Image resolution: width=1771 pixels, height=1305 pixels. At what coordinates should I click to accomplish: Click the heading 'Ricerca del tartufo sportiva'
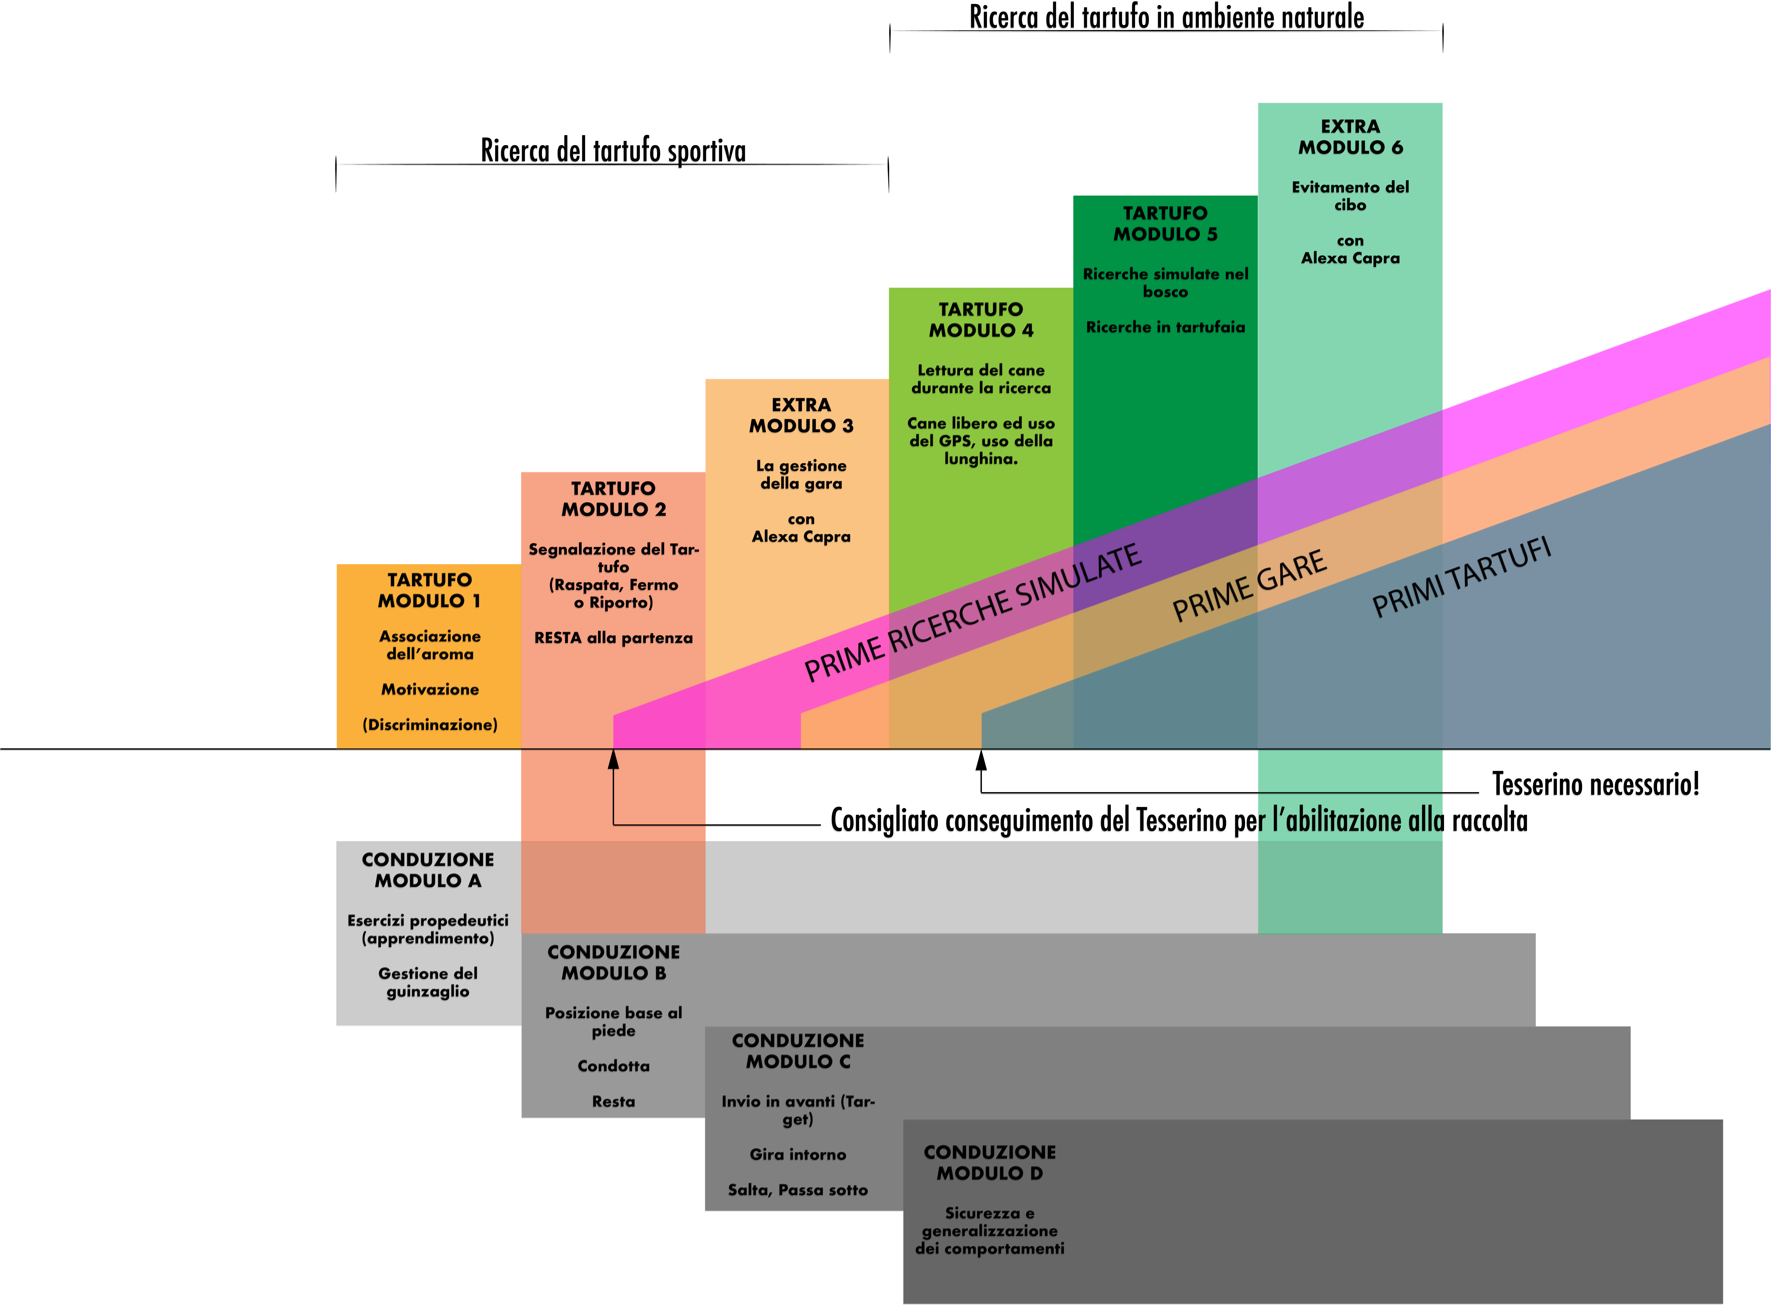click(613, 150)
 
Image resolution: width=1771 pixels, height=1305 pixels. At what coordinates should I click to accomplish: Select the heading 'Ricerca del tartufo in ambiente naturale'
click(1167, 17)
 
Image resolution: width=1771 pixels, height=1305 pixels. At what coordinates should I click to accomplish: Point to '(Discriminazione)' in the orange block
click(430, 724)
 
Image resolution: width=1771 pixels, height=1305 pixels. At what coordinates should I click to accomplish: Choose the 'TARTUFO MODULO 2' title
click(614, 499)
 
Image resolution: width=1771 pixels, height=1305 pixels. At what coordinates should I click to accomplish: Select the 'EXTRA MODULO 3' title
click(801, 415)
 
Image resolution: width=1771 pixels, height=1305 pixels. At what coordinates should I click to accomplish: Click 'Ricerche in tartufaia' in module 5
click(1165, 327)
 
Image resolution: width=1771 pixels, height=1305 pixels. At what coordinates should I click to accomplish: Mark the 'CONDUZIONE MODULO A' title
click(428, 870)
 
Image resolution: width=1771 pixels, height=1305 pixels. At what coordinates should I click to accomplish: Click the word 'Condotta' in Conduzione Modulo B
click(614, 1066)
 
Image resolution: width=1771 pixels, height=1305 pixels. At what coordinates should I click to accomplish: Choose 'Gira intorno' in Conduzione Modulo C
click(798, 1154)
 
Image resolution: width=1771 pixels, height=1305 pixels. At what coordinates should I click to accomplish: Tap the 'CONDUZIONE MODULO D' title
click(990, 1163)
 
